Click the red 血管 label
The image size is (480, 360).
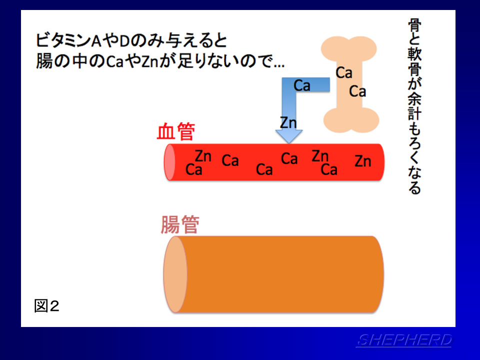(175, 131)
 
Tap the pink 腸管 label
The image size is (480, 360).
(180, 224)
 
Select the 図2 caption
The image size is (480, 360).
(46, 306)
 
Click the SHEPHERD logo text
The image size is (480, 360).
(404, 340)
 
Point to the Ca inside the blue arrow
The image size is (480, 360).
(302, 85)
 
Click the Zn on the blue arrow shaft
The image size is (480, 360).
(288, 123)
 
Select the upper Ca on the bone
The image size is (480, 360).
(344, 73)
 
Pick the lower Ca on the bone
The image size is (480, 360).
(357, 91)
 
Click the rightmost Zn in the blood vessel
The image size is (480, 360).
(363, 161)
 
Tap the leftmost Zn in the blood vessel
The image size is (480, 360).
(203, 156)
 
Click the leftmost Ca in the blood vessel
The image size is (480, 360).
(194, 169)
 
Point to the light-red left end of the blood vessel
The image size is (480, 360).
(169, 162)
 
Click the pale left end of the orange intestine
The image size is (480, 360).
(175, 274)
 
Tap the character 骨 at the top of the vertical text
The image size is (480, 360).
(415, 25)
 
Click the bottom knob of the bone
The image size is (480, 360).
(351, 120)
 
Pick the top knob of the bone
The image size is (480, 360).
(348, 49)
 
